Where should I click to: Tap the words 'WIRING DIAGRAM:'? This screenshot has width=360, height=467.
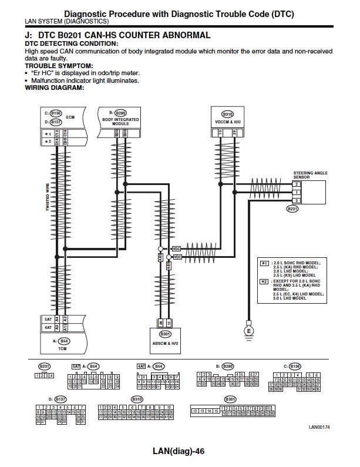click(55, 88)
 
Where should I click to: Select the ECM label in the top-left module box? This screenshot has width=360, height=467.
click(70, 117)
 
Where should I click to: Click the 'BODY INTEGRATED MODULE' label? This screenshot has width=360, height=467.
click(120, 122)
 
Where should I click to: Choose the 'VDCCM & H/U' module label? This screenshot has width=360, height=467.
click(227, 121)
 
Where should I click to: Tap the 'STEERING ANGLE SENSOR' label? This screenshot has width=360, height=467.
click(310, 175)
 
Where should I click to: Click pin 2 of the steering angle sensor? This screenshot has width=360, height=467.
click(297, 184)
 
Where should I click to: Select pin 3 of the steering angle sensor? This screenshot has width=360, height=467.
click(297, 201)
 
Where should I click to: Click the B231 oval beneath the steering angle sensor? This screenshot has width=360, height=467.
click(292, 209)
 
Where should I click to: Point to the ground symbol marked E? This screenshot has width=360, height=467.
click(248, 330)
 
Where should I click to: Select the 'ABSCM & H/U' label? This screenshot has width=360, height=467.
click(165, 342)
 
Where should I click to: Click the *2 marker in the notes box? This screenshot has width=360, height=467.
click(265, 282)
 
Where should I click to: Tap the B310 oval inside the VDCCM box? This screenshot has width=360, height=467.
click(227, 114)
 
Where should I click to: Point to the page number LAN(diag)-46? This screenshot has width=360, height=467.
click(177, 452)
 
